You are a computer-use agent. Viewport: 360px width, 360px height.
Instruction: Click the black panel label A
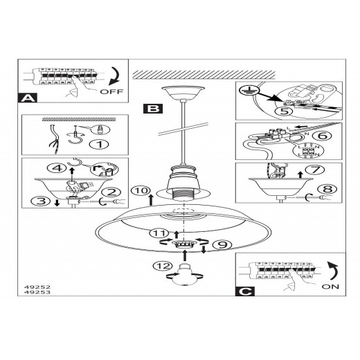tap(28, 98)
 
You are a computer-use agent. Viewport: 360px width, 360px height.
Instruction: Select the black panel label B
tap(153, 109)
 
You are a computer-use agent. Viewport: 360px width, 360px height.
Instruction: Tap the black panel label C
tap(245, 291)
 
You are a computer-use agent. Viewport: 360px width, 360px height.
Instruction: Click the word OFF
tap(111, 91)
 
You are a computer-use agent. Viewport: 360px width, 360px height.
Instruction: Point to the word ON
tap(330, 287)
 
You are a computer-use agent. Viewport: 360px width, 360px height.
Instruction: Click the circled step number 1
tap(100, 144)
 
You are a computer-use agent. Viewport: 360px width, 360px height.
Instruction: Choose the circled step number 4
tap(57, 168)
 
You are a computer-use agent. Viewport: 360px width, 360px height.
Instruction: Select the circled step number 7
tap(315, 170)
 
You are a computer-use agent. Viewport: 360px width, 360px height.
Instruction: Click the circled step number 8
tap(327, 189)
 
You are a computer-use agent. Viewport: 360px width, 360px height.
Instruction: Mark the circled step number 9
tap(222, 244)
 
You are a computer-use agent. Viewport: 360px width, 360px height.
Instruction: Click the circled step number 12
tap(163, 266)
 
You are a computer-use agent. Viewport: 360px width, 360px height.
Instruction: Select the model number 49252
tap(37, 287)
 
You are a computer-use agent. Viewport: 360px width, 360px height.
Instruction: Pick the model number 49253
tap(37, 292)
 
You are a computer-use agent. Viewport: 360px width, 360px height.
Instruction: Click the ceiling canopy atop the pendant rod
tap(183, 93)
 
